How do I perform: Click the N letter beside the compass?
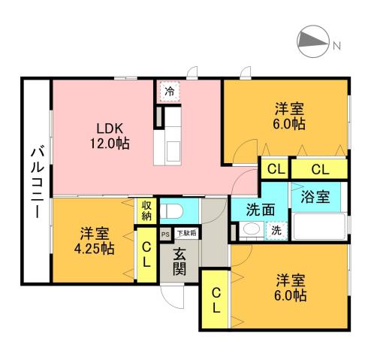(337, 44)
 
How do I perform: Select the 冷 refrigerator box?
(169, 92)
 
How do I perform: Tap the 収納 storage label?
(145, 211)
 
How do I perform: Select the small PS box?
(164, 234)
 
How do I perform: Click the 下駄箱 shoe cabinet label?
(185, 233)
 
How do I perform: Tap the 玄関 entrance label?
(180, 262)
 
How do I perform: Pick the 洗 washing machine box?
(276, 231)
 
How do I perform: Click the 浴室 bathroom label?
(315, 198)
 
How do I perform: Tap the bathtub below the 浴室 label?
(319, 225)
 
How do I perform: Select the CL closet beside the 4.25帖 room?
(146, 256)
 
